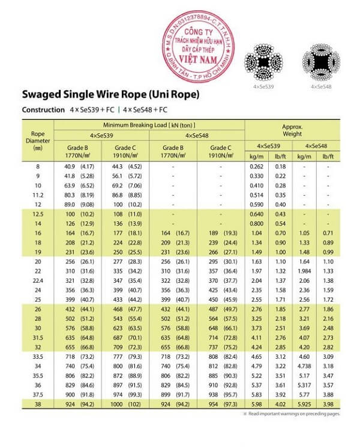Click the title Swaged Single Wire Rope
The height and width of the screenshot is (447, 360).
pyautogui.click(x=110, y=95)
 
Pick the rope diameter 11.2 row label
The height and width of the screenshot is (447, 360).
pyautogui.click(x=38, y=195)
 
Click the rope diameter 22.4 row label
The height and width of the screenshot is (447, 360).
pyautogui.click(x=38, y=281)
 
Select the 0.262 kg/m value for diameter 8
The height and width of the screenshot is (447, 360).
pyautogui.click(x=257, y=166)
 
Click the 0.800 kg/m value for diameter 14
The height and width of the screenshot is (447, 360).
pyautogui.click(x=257, y=224)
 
